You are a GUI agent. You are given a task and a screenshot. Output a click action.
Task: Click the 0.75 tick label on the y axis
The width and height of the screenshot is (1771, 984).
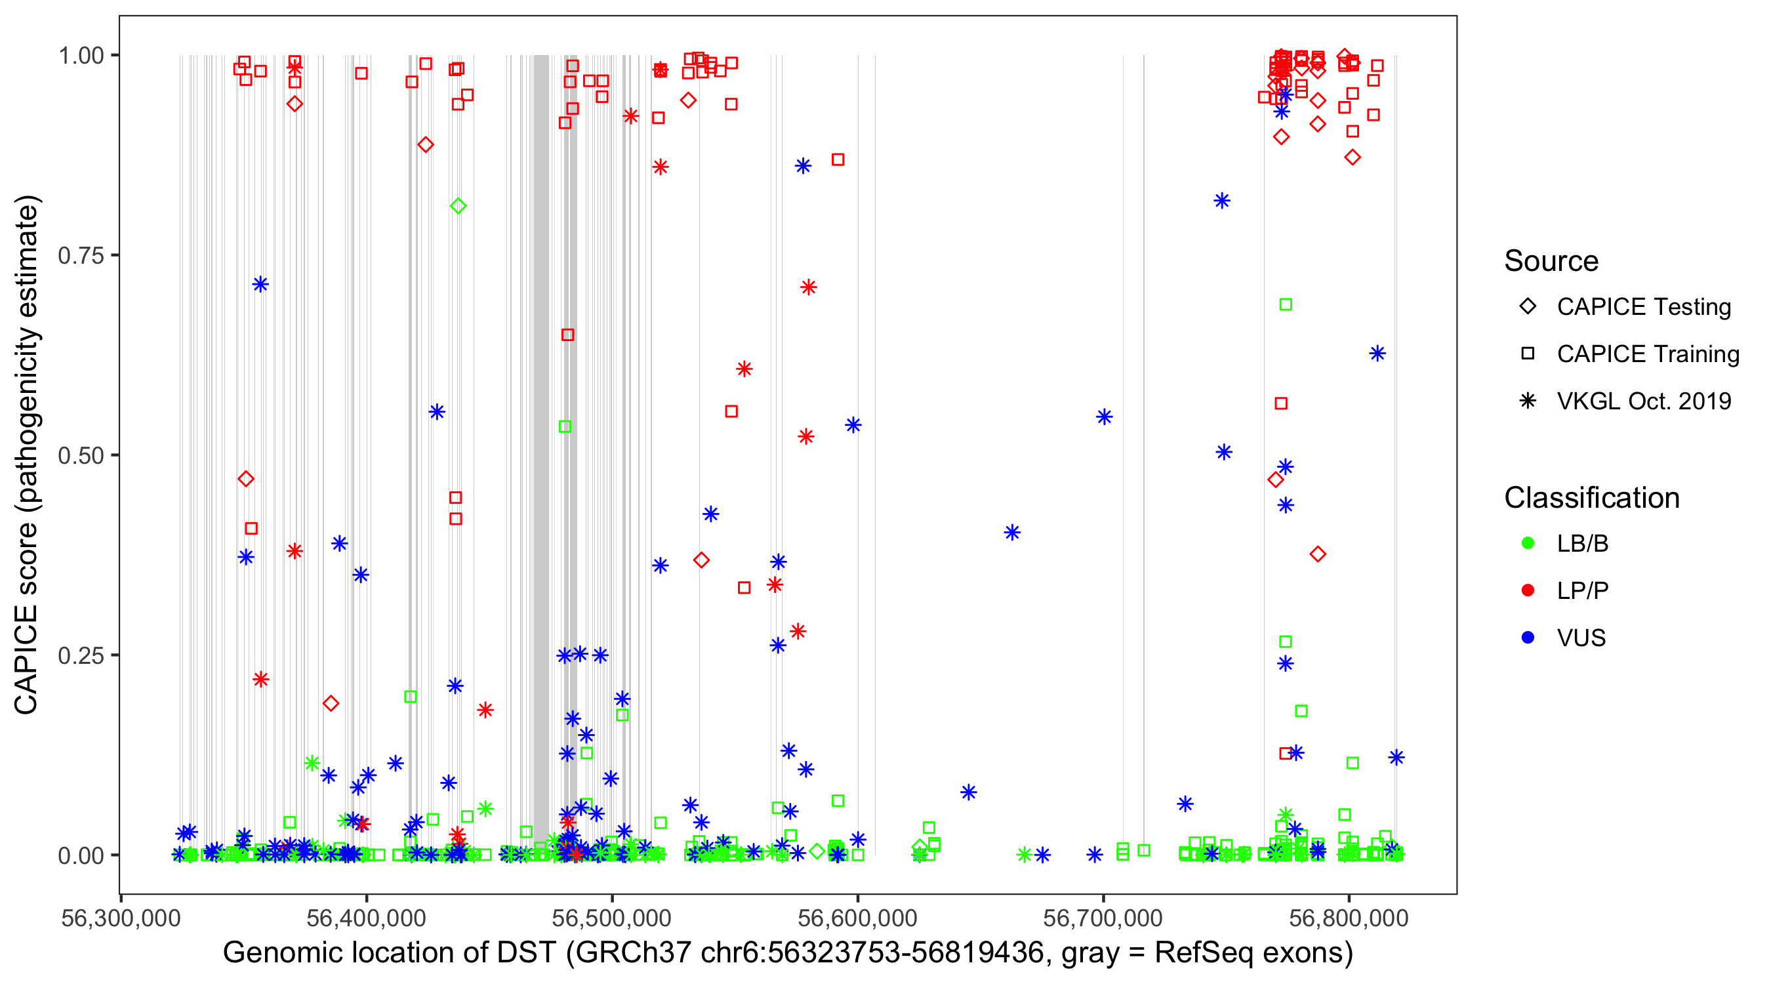[80, 256]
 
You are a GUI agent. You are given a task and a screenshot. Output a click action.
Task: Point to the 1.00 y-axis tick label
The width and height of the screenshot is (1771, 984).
[80, 56]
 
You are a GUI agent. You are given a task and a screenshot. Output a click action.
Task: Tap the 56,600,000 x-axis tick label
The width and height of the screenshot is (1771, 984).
[857, 918]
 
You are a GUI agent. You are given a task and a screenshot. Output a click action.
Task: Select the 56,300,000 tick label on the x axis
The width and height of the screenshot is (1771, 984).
[121, 918]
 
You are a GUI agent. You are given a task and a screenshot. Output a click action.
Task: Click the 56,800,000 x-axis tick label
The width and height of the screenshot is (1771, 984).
[1348, 918]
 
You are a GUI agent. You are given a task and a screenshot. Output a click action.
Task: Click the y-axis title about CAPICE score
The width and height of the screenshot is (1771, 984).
[28, 455]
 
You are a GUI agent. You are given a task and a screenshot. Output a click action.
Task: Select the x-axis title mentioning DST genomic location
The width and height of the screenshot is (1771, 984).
[788, 953]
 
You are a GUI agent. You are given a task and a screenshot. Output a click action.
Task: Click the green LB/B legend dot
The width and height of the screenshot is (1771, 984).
[1528, 543]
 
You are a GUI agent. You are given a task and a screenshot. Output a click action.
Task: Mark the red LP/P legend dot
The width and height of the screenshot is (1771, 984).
[1528, 590]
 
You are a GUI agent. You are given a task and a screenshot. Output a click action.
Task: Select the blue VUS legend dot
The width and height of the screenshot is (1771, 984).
[1528, 638]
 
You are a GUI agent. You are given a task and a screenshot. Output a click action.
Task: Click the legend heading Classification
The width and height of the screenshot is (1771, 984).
[1591, 498]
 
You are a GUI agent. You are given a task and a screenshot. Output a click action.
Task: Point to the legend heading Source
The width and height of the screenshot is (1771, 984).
[1551, 261]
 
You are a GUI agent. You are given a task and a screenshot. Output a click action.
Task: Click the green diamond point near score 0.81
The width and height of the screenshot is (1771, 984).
[458, 206]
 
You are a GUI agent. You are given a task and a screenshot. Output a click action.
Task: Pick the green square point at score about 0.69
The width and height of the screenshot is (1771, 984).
[1286, 304]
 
